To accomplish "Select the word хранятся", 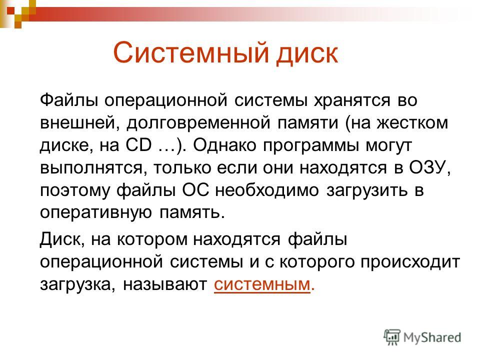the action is (x=352, y=100).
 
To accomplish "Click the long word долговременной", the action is (x=198, y=123).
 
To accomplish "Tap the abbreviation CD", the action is (x=138, y=145).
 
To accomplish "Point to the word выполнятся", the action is (x=91, y=168).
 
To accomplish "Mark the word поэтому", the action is (x=74, y=190).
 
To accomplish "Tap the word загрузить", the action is (x=367, y=191).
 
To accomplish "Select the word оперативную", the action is (x=96, y=213).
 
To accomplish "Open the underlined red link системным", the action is (x=262, y=284).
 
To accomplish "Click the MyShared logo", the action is (x=422, y=337).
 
